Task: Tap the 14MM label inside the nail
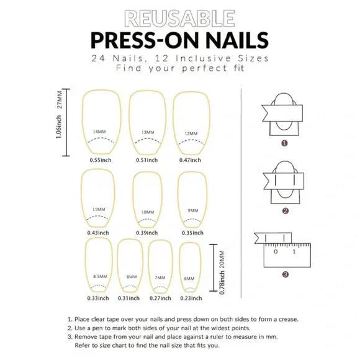[x=99, y=132]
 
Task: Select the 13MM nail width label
[x=147, y=132]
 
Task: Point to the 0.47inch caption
[x=191, y=160]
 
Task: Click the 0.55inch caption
[x=99, y=160]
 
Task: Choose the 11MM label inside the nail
[x=98, y=210]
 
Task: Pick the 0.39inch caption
[x=147, y=233]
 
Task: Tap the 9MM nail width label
[x=193, y=210]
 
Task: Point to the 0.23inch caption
[x=191, y=299]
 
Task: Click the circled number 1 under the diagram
[x=284, y=143]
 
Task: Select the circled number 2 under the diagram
[x=284, y=211]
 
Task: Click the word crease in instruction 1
[x=281, y=319]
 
